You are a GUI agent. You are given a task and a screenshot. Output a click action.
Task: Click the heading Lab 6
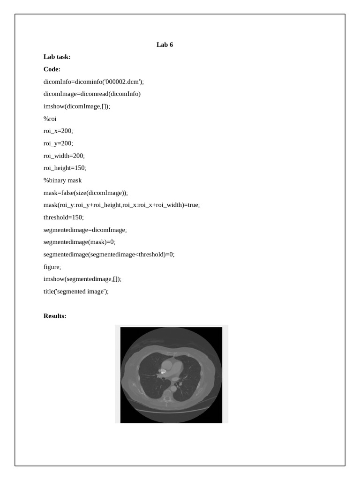point(165,45)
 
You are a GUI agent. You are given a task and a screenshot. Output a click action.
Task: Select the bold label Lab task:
point(57,57)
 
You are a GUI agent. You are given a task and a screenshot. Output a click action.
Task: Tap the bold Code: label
point(52,69)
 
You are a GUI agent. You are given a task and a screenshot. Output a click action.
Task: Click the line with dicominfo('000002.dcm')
point(94,82)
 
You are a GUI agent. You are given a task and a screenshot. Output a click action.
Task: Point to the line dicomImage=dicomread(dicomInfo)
point(92,94)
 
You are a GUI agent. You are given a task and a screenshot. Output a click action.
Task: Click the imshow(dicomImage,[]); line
point(77,106)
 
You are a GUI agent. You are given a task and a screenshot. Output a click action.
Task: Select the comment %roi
point(50,119)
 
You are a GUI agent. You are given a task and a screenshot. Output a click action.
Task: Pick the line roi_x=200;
point(58,131)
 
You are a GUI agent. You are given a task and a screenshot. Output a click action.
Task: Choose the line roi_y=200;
point(58,143)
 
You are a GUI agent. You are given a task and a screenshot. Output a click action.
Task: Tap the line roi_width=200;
point(64,156)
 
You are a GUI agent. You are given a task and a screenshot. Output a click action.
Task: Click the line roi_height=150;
point(65,168)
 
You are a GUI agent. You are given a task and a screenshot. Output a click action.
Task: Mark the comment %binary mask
point(62,180)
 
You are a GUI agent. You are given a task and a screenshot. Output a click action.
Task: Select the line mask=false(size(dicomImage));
point(85,193)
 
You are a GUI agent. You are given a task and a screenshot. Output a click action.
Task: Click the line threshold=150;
point(63,217)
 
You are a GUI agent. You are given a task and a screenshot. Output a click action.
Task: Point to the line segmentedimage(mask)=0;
point(79,242)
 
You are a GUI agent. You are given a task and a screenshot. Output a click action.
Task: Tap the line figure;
point(52,267)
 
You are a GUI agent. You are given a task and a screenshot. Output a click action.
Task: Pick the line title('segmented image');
point(76,292)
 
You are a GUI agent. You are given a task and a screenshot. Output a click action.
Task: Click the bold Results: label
point(55,316)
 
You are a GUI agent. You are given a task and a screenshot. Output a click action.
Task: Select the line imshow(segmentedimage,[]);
point(82,279)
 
